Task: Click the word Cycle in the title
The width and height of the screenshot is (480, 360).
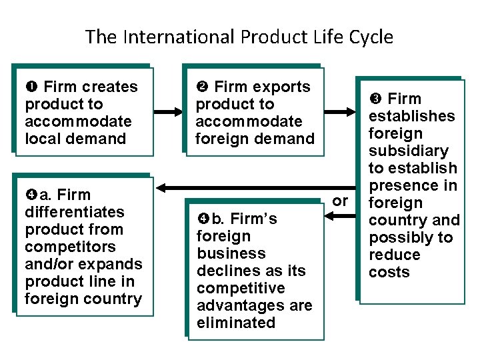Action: [370, 37]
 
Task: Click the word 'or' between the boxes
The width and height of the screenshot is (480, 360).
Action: [340, 201]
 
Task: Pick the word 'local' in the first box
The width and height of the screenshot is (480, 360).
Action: [43, 139]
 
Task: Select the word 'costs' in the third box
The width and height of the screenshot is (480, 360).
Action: [389, 272]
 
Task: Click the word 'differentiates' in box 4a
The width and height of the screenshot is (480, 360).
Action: [74, 212]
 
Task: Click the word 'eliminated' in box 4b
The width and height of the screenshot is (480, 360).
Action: [235, 323]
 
